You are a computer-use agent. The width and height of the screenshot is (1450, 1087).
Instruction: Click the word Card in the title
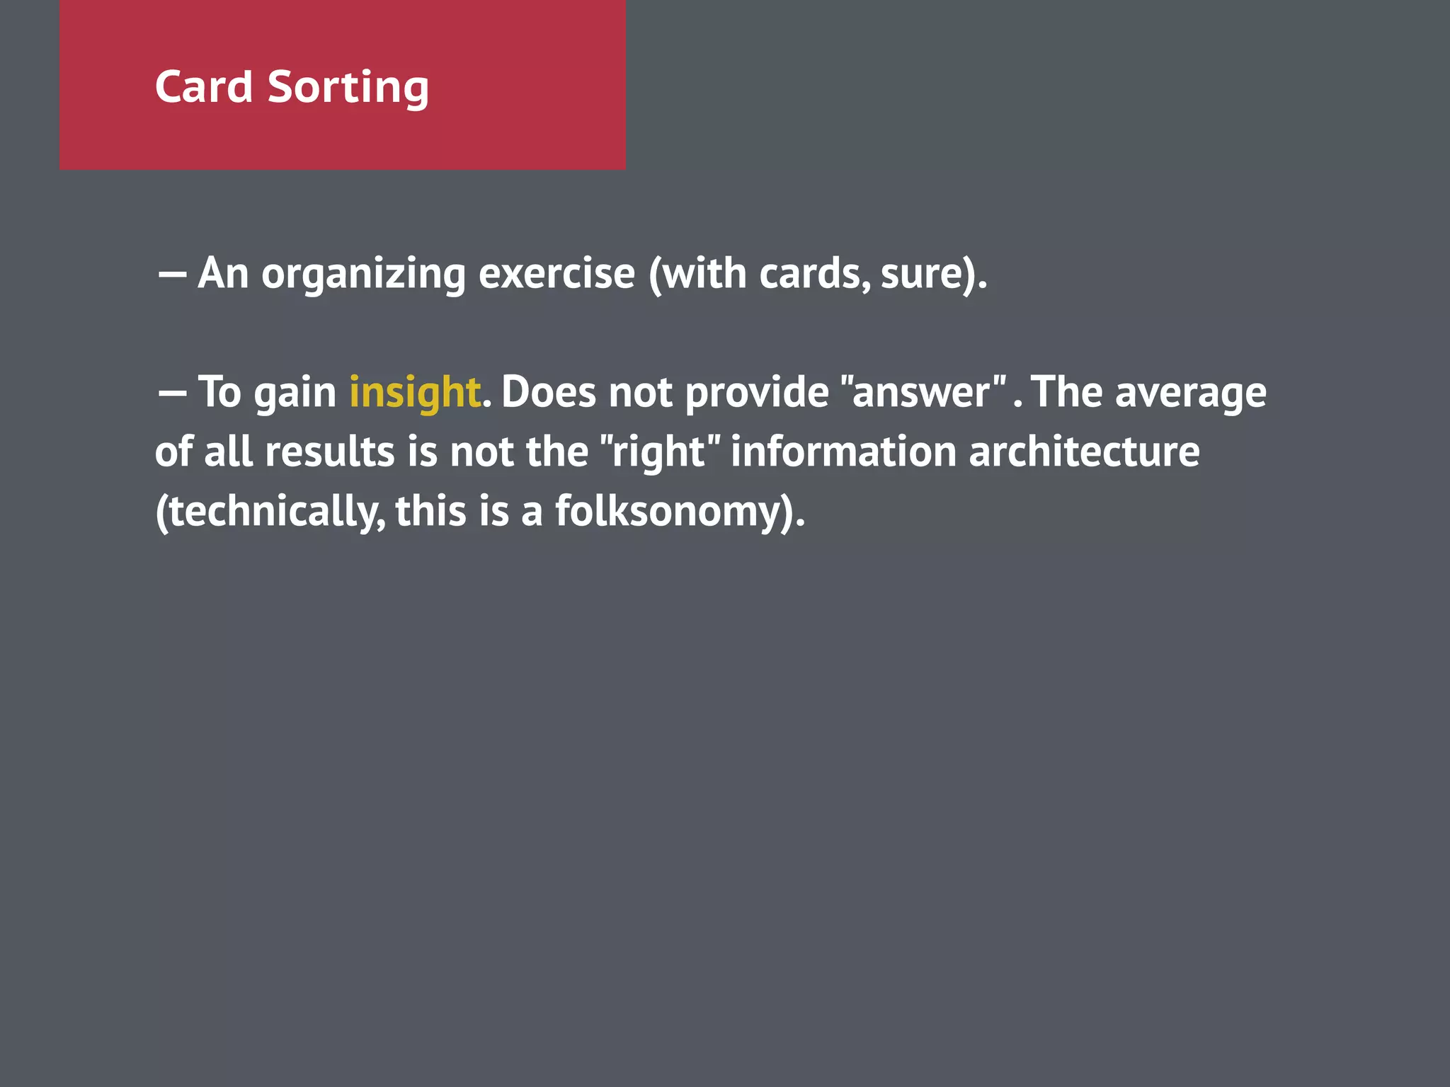click(204, 87)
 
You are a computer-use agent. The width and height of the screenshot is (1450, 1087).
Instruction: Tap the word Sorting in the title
click(348, 88)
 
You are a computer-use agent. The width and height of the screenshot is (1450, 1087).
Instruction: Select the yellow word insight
click(415, 392)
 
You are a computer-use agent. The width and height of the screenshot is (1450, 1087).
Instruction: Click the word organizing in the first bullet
click(363, 274)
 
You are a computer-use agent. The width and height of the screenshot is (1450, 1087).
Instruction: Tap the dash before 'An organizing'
click(171, 274)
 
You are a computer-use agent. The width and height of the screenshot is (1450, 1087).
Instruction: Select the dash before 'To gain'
click(171, 393)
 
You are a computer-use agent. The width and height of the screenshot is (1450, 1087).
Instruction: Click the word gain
click(295, 393)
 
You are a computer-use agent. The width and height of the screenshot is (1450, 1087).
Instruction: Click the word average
click(1190, 393)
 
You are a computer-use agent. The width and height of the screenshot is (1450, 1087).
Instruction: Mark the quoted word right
click(659, 453)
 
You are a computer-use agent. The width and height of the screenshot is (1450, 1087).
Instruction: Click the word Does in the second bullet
click(549, 392)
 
